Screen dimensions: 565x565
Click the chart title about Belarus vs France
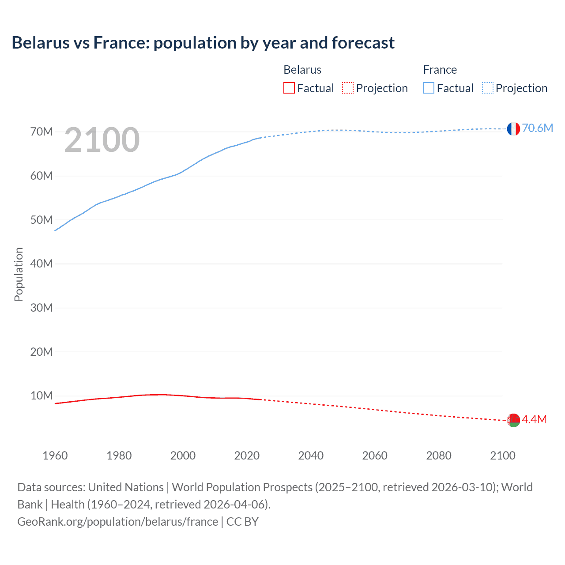click(x=203, y=43)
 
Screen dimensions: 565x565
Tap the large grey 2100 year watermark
click(x=102, y=140)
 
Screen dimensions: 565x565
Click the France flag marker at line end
click(x=513, y=129)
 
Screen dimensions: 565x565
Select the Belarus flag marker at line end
click(x=513, y=420)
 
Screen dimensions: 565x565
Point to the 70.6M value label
click(x=537, y=128)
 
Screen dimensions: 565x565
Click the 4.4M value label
click(x=534, y=419)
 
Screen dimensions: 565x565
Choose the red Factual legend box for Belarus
click(x=289, y=88)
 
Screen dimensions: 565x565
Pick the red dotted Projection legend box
click(x=348, y=88)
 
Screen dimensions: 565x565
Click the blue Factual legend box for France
click(x=428, y=88)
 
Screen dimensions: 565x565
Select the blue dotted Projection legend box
click(x=487, y=88)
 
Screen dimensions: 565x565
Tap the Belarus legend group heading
click(x=302, y=70)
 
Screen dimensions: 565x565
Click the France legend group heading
click(x=440, y=70)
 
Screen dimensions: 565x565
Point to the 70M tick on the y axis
click(x=41, y=132)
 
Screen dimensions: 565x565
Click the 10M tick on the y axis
click(x=41, y=395)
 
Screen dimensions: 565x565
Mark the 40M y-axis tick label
click(x=41, y=264)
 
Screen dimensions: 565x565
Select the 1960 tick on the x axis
click(x=55, y=456)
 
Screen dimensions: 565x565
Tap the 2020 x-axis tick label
click(x=247, y=456)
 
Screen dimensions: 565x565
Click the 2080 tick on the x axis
click(x=439, y=456)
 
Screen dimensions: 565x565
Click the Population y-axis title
click(x=19, y=274)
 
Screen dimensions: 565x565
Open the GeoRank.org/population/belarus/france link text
click(x=117, y=522)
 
